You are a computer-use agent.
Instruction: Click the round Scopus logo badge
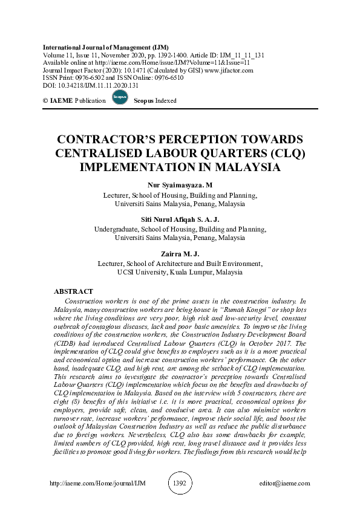(x=119, y=99)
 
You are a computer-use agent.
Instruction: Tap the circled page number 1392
(x=180, y=484)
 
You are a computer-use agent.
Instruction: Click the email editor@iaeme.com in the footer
(x=283, y=484)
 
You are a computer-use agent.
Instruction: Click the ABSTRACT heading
(x=73, y=291)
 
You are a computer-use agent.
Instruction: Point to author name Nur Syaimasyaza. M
(x=180, y=185)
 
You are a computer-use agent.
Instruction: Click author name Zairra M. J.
(x=180, y=254)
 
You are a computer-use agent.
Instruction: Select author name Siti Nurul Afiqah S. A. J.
(x=180, y=219)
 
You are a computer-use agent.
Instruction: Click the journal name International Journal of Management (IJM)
(x=106, y=47)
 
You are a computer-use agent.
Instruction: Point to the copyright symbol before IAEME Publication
(x=46, y=101)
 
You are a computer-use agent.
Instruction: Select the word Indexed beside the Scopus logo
(x=163, y=101)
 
